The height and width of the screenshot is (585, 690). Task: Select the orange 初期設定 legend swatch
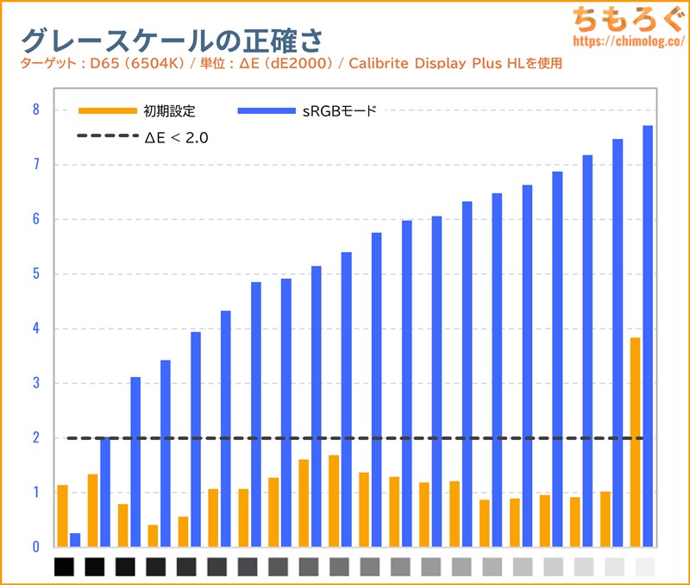click(107, 110)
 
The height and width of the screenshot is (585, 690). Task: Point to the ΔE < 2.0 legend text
click(177, 136)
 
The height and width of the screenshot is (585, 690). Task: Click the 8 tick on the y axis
click(36, 110)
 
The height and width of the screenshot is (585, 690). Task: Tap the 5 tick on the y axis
click(36, 274)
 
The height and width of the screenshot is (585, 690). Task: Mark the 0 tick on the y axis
click(36, 547)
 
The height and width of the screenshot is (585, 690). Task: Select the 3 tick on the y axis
click(36, 383)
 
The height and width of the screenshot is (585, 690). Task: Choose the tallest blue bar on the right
click(648, 337)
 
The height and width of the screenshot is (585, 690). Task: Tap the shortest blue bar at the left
click(75, 540)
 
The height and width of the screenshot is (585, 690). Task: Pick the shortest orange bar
click(153, 536)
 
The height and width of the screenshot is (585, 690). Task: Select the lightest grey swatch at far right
click(644, 567)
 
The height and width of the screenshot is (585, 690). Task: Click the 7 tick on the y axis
click(36, 164)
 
